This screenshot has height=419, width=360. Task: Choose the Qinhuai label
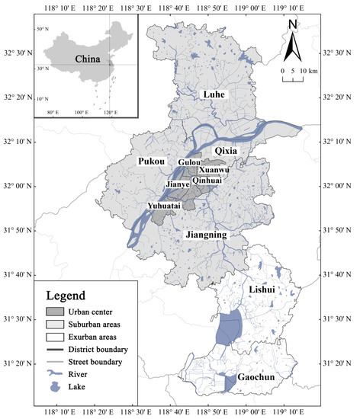tap(207, 181)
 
